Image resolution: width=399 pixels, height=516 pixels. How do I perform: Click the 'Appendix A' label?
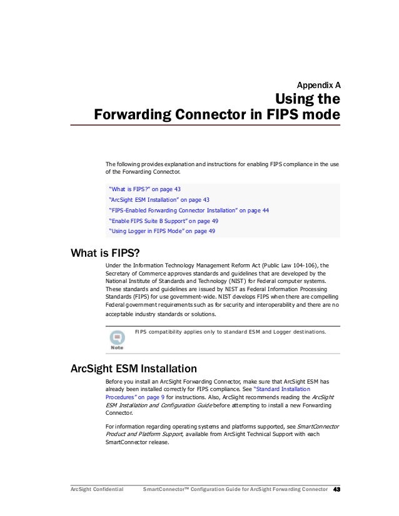coord(318,84)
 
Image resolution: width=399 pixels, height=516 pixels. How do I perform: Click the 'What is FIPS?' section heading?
coord(105,252)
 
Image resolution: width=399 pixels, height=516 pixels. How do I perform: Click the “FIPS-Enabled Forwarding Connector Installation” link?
coord(188,210)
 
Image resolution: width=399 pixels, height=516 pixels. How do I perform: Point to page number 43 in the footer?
coord(336,489)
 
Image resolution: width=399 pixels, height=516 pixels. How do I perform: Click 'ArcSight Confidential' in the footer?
coord(96,489)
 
